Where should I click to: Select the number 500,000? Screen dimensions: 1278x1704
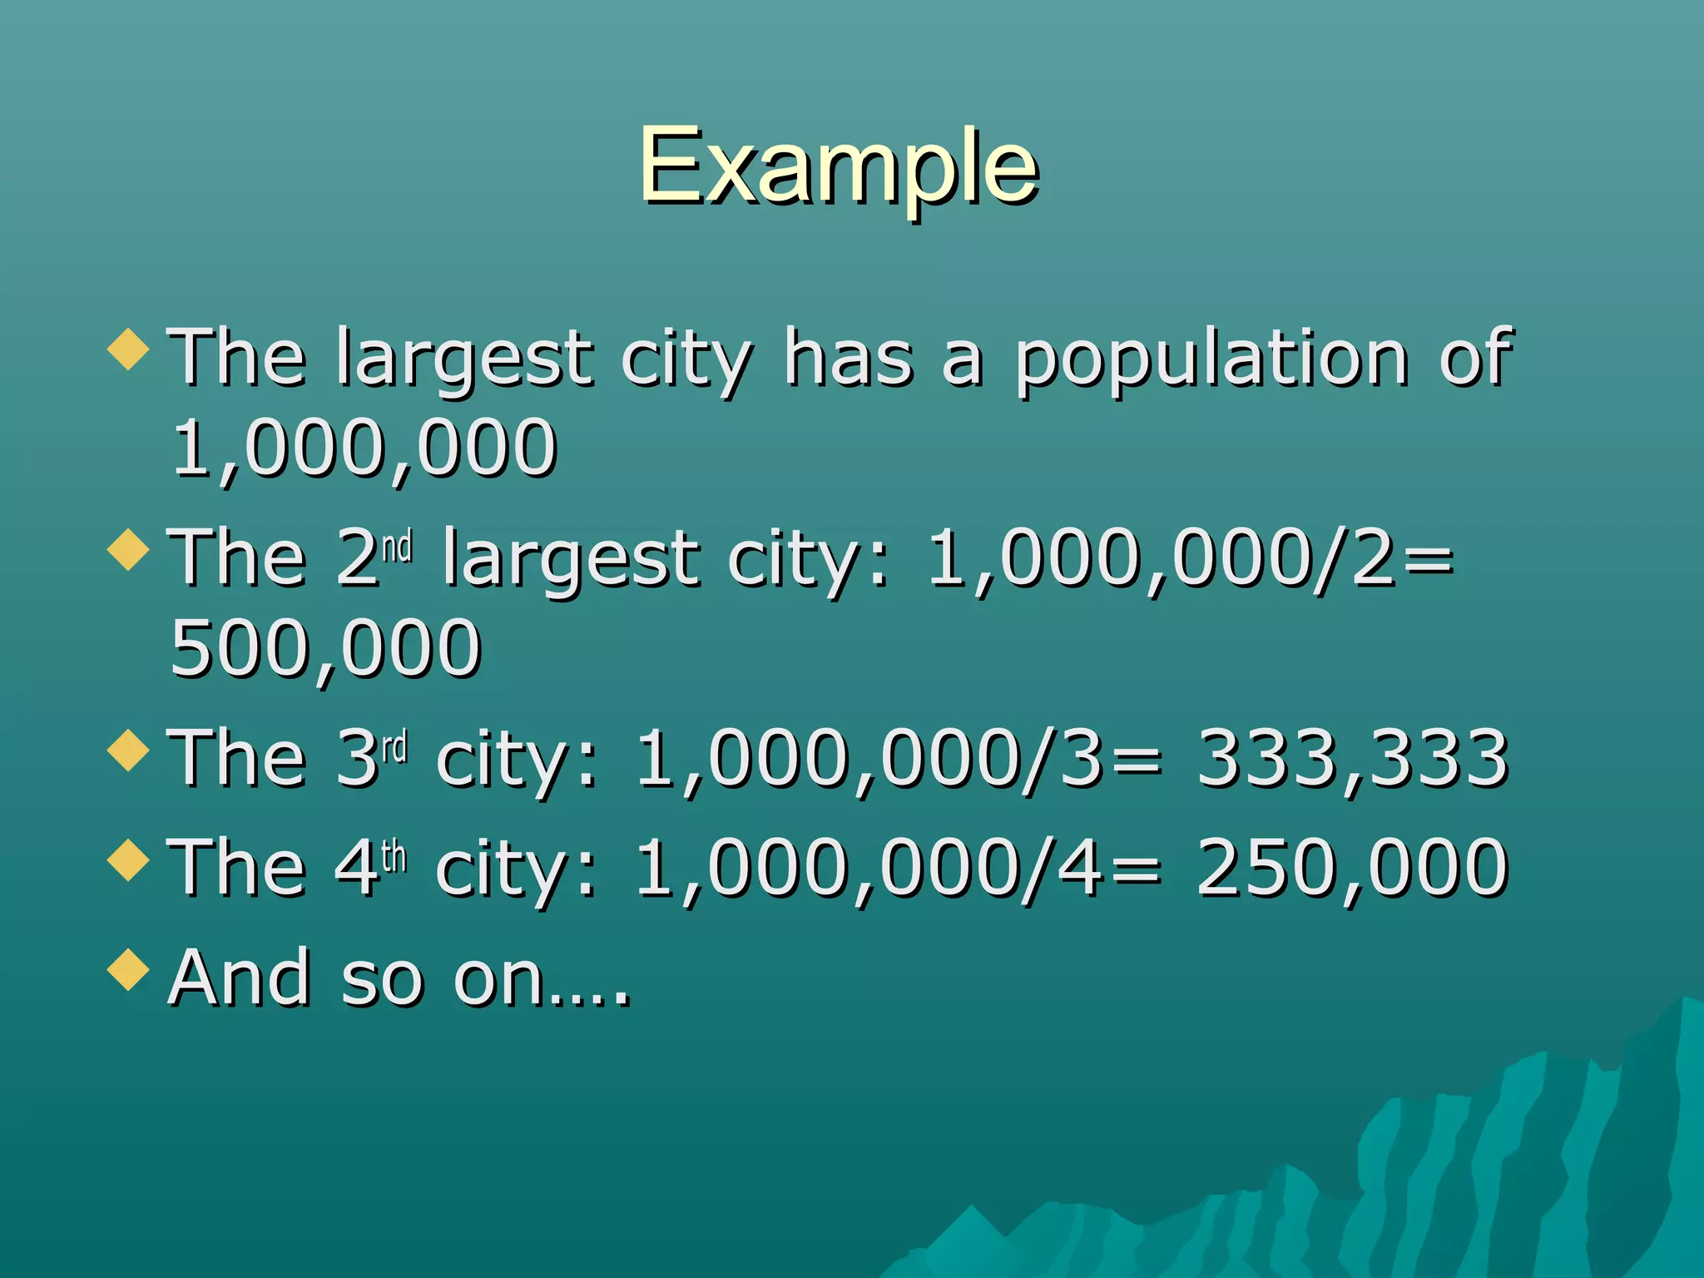click(325, 648)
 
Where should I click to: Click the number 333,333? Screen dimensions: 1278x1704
click(1352, 758)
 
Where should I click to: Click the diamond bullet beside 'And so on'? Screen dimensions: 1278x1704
click(128, 970)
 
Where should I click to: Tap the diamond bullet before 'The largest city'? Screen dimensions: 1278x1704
click(128, 349)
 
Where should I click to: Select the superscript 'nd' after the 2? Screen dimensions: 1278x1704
click(398, 547)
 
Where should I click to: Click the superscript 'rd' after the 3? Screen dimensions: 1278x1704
click(395, 748)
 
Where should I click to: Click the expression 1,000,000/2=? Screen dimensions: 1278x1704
click(1190, 559)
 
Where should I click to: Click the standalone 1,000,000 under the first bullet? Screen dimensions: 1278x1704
click(364, 449)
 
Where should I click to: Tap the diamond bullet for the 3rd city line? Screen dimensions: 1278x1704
click(128, 750)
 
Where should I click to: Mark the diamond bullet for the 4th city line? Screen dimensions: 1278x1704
click(128, 859)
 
